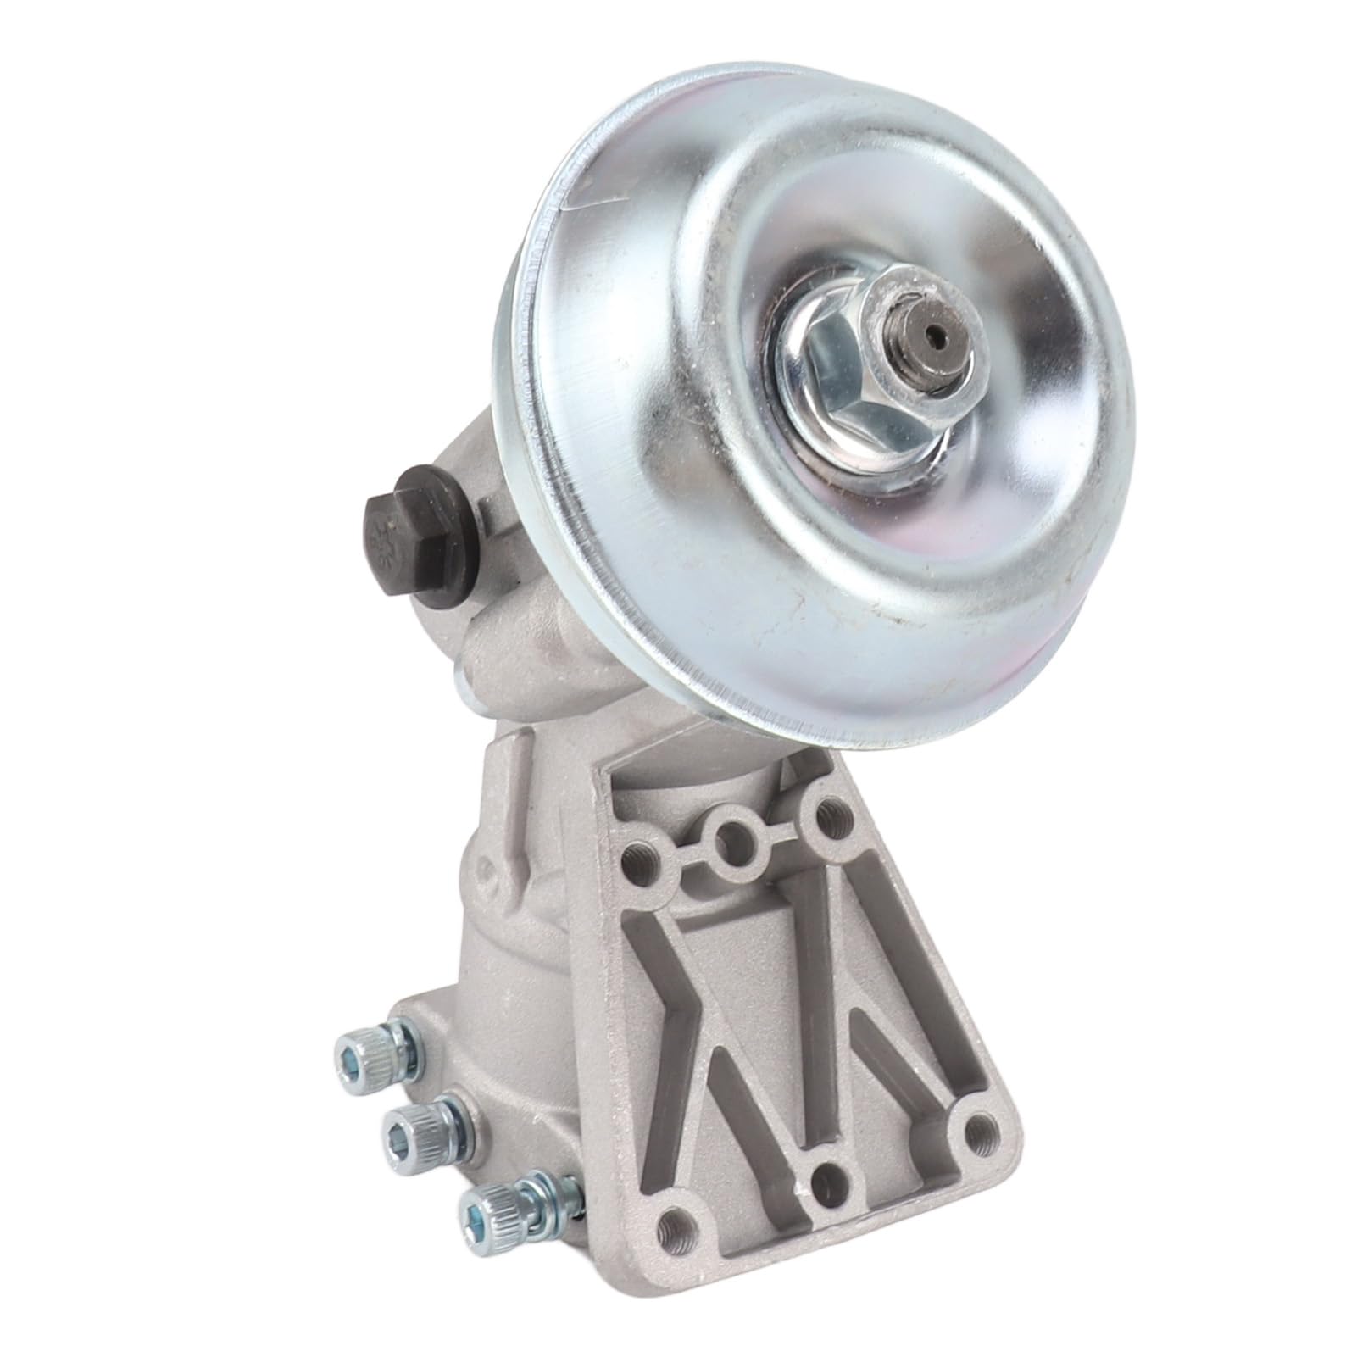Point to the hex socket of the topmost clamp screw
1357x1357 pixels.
click(349, 1056)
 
